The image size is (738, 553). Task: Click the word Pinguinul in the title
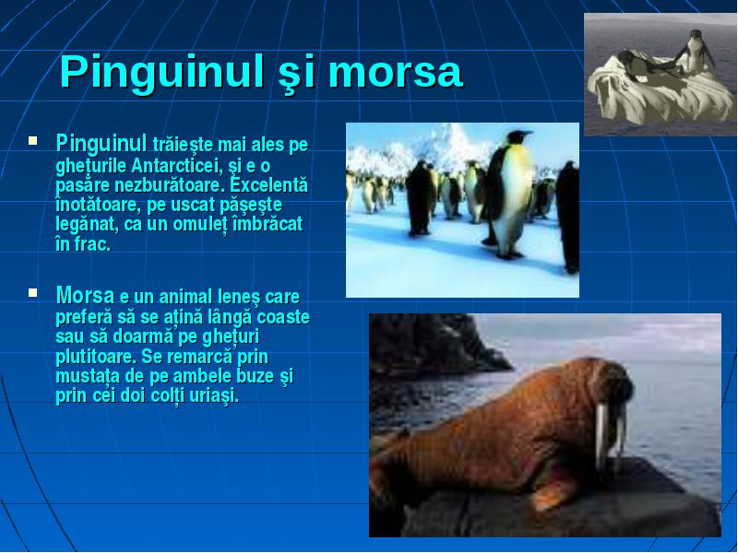161,73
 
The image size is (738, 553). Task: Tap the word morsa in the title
397,73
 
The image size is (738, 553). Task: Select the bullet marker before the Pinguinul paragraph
32,140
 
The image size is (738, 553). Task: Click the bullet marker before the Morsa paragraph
32,292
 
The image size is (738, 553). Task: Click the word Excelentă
268,185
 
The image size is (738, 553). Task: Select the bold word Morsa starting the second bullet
85,295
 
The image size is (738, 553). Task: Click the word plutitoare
96,357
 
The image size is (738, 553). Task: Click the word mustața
88,377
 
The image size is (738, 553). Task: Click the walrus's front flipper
554,494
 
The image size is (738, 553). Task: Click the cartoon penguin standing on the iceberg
696,51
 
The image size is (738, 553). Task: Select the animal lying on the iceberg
646,64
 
